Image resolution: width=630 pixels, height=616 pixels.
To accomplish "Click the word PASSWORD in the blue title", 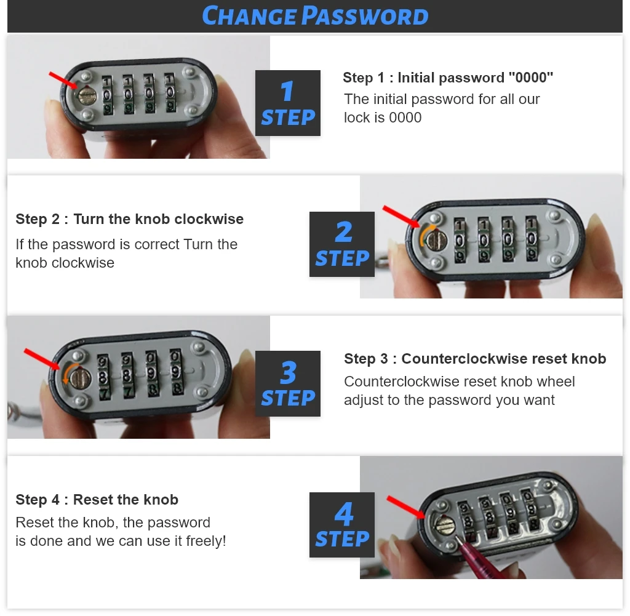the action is click(x=365, y=16).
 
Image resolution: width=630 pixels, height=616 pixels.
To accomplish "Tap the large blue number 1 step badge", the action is click(x=288, y=103).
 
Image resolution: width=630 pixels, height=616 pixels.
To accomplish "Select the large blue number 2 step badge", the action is click(x=342, y=244).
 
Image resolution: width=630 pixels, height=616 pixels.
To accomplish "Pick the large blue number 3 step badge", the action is click(x=288, y=383).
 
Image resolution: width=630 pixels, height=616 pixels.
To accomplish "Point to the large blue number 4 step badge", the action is click(x=342, y=524).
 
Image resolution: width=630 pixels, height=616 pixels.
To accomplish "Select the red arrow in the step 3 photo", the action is click(x=41, y=359).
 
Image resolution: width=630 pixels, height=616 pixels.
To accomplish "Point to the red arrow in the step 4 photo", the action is click(x=405, y=507).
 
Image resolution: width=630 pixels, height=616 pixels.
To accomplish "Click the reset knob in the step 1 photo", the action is click(x=85, y=95).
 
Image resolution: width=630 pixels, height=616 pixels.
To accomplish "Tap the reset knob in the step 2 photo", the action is click(x=436, y=241).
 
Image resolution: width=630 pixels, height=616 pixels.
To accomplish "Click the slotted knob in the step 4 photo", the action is click(x=445, y=524).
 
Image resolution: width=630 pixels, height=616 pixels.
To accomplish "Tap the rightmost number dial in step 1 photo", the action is click(x=170, y=92).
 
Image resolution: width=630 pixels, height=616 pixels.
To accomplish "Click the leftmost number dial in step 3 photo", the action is click(x=103, y=377).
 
